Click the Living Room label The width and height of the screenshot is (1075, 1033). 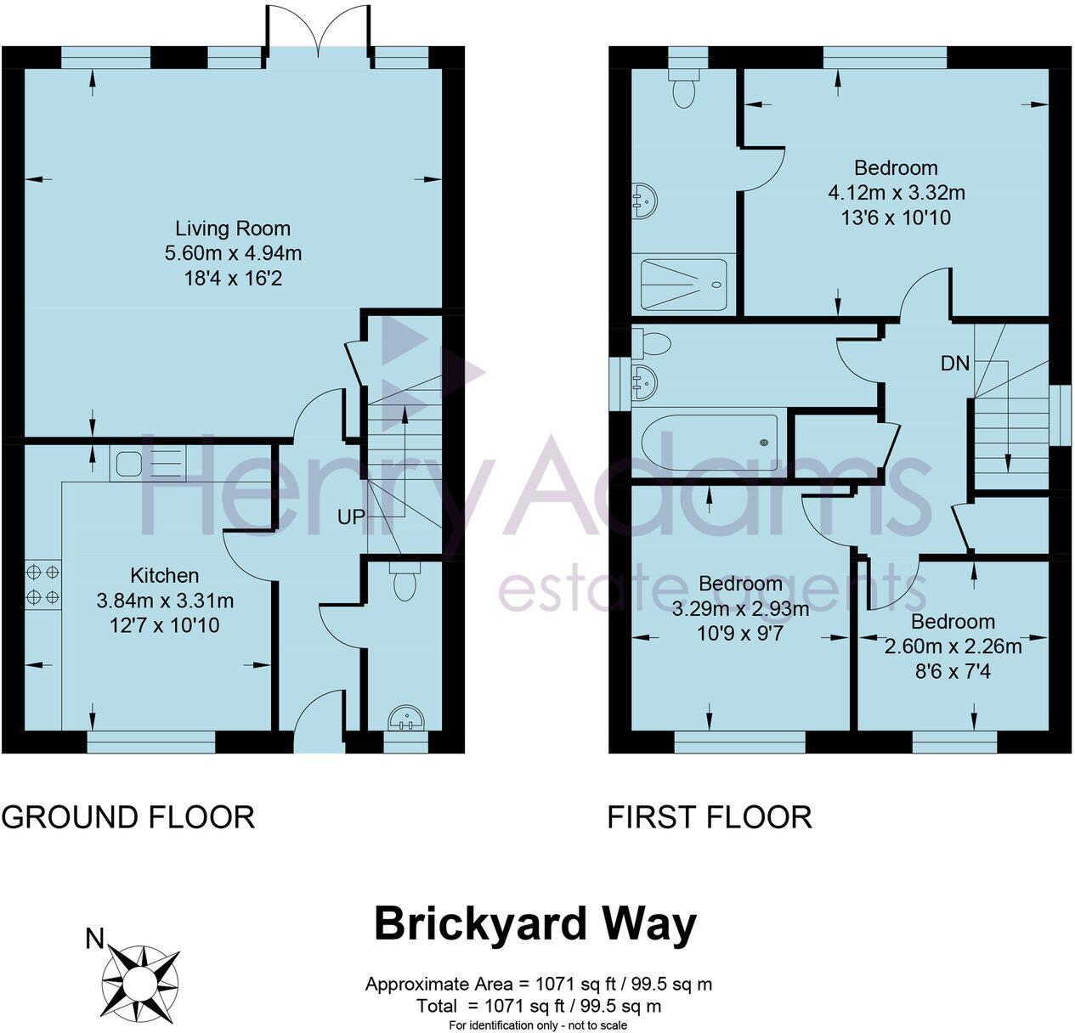click(232, 229)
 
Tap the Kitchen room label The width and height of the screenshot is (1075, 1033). click(164, 575)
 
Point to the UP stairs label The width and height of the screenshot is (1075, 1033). click(351, 516)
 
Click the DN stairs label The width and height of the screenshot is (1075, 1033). click(954, 364)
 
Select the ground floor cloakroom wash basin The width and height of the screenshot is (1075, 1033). click(406, 719)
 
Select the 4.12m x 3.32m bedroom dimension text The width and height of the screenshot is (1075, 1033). click(896, 193)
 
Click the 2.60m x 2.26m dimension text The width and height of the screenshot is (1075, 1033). click(953, 646)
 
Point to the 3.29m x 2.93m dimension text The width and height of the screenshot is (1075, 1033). click(740, 608)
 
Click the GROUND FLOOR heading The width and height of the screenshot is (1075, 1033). click(128, 817)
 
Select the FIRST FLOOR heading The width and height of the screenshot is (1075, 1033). click(710, 817)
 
